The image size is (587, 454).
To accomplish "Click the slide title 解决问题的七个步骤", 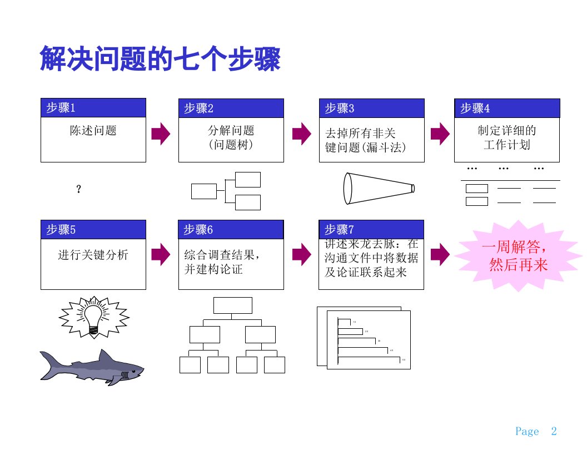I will point(160,60).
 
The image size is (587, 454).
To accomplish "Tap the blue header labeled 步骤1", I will point(93,108).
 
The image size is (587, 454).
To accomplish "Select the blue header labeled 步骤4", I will point(507,108).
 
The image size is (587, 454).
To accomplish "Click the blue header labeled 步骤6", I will point(231,229).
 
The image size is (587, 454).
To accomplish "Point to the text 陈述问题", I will point(93,131).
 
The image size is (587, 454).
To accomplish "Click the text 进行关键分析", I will point(93,255).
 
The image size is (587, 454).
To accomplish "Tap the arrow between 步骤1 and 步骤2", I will point(161,133).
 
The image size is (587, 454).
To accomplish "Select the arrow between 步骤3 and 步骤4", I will point(440,133).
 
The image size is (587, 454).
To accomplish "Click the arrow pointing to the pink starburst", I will point(440,254).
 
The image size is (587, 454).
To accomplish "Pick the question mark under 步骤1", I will point(78,190).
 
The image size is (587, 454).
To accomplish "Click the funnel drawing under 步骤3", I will point(378,188).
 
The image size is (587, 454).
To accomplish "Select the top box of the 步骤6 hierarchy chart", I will point(232,305).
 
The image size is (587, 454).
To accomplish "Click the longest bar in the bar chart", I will point(369,361).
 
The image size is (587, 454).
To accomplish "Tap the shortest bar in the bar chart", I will point(344,322).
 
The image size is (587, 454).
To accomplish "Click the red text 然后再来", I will point(518,265).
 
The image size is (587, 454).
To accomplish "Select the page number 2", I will point(554,431).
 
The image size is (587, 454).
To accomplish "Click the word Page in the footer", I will point(527,432).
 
